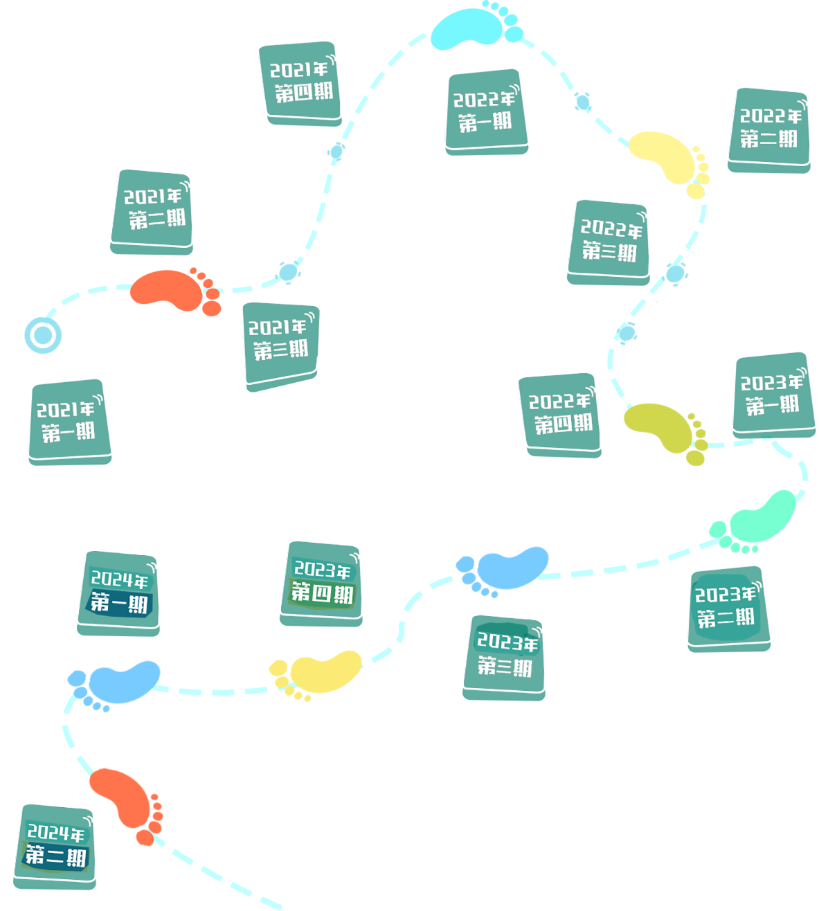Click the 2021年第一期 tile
coord(69,420)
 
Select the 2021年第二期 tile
coord(152,210)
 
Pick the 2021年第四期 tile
coord(300,82)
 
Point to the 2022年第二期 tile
coord(768,129)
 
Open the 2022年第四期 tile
coord(560,413)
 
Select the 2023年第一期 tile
coord(771,393)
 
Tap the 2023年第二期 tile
coord(727,606)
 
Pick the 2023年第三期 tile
coord(505,656)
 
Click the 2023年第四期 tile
coord(323,583)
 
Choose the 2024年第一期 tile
coord(119,592)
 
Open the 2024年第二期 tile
coord(56,845)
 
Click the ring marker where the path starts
coord(42,336)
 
